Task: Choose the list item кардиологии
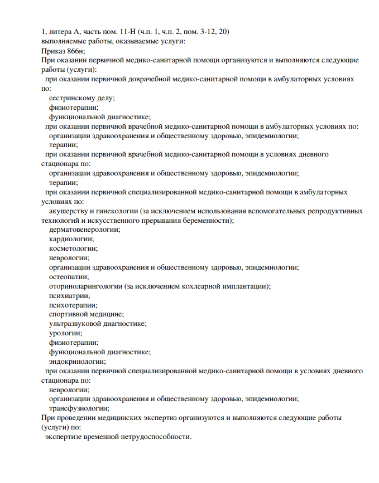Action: [71, 239]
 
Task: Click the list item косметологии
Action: [73, 248]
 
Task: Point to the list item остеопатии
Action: [69, 277]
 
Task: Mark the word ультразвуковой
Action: [74, 324]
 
